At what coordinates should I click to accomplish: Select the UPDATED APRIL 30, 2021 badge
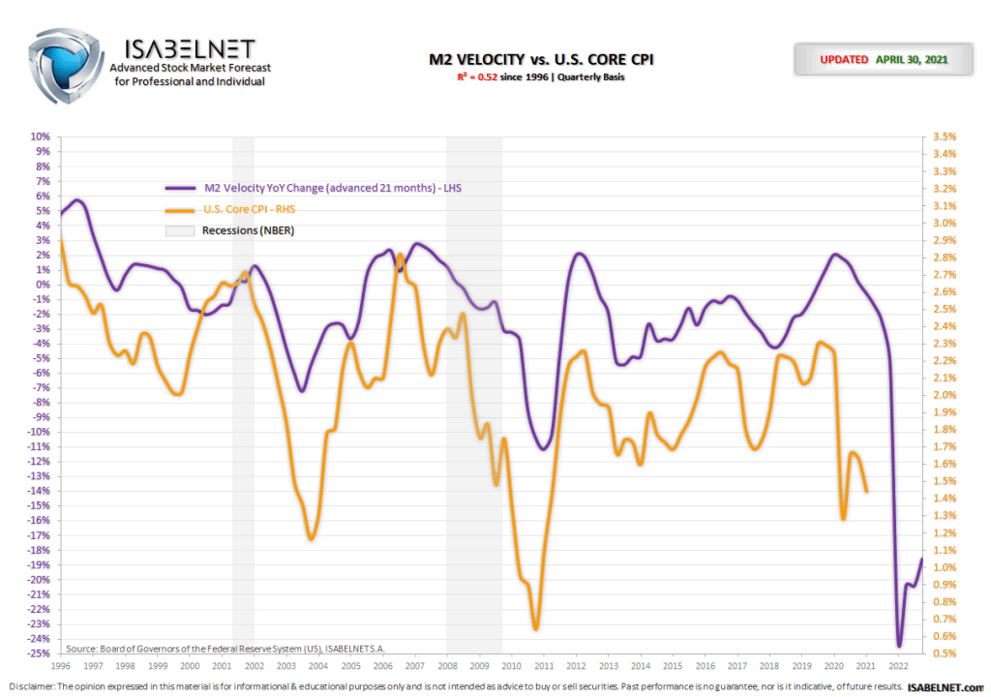click(883, 59)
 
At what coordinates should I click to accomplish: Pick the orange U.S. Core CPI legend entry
click(261, 209)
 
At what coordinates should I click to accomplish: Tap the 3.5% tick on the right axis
click(943, 136)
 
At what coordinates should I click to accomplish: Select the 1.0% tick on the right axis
click(943, 567)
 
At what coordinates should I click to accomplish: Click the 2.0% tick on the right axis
click(943, 395)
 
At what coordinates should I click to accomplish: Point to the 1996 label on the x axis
click(60, 666)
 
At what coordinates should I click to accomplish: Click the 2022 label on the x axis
click(897, 666)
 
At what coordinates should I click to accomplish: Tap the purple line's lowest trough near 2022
click(899, 645)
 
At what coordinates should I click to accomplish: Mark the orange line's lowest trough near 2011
click(535, 628)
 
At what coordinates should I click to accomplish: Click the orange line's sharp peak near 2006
click(400, 255)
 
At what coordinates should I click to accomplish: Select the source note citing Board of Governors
click(231, 648)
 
